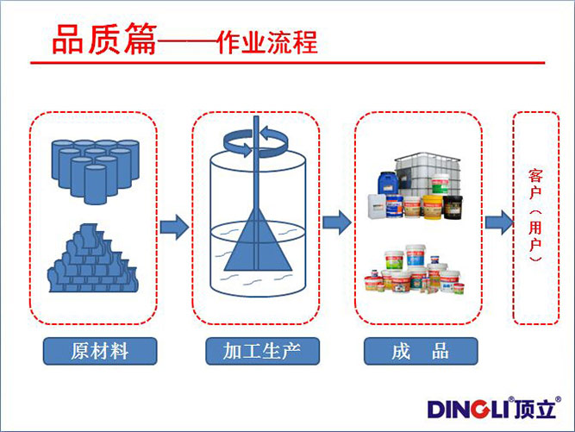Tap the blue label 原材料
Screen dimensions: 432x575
(x=101, y=350)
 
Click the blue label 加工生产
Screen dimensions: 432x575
(x=259, y=350)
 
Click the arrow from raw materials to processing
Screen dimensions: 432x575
(x=175, y=227)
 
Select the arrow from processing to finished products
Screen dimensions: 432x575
(x=336, y=222)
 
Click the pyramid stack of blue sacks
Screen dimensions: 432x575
(x=93, y=260)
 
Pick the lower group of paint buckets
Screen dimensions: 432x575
(x=417, y=272)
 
